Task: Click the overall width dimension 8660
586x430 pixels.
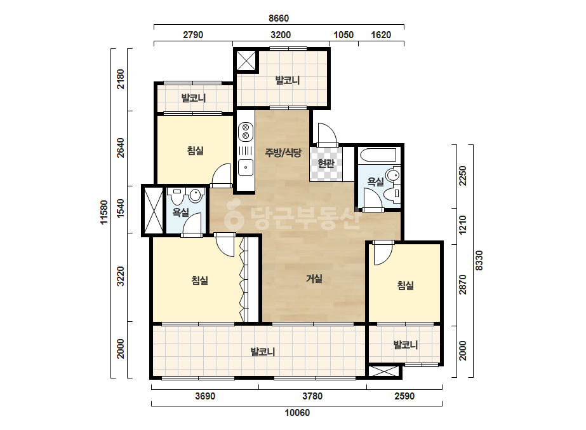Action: pyautogui.click(x=279, y=18)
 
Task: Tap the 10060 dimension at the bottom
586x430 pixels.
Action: pyautogui.click(x=297, y=413)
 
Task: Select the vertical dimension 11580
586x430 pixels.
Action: pyautogui.click(x=104, y=212)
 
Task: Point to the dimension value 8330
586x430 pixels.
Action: pyautogui.click(x=479, y=261)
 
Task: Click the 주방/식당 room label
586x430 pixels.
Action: pyautogui.click(x=283, y=153)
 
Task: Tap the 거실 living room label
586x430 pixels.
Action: pyautogui.click(x=314, y=279)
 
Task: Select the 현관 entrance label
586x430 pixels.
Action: pyautogui.click(x=326, y=163)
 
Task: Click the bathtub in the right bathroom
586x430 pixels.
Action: pyautogui.click(x=377, y=155)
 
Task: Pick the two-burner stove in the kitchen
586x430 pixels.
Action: pyautogui.click(x=246, y=132)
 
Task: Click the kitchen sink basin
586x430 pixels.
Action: pyautogui.click(x=246, y=167)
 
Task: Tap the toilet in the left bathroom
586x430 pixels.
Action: pyautogui.click(x=176, y=196)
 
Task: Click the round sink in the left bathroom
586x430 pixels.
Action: pyautogui.click(x=196, y=195)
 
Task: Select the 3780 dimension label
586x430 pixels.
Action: pyautogui.click(x=312, y=396)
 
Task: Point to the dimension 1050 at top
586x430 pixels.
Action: pyautogui.click(x=343, y=35)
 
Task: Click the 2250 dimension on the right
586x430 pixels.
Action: pyautogui.click(x=463, y=176)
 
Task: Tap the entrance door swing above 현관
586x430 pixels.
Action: pyautogui.click(x=328, y=134)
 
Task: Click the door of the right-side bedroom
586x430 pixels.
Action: pyautogui.click(x=383, y=254)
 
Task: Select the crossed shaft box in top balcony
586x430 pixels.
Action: pyautogui.click(x=246, y=60)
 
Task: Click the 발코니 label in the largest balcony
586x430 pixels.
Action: pyautogui.click(x=263, y=352)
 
